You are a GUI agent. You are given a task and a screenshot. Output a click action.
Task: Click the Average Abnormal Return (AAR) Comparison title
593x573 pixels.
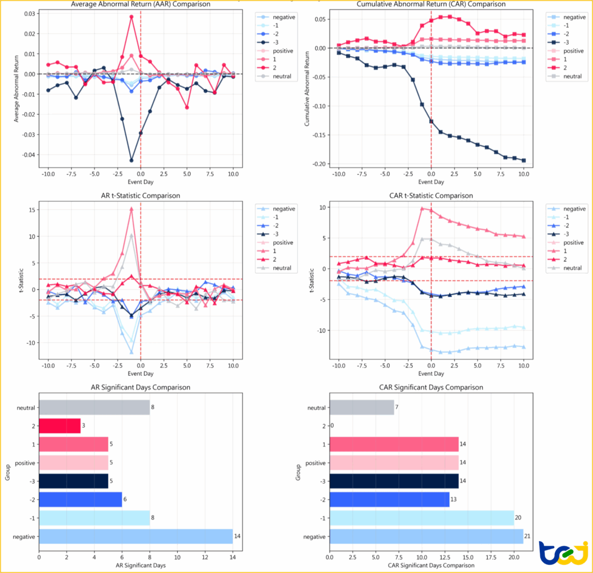[x=140, y=5]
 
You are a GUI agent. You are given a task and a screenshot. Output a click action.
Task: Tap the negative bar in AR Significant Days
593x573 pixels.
[x=136, y=537]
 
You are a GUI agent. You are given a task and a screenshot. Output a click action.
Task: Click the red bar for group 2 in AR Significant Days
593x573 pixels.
[x=60, y=425]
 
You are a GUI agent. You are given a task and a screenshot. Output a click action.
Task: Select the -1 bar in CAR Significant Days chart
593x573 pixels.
[x=422, y=517]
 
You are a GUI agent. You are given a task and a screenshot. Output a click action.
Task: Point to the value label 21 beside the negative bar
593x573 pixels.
[x=528, y=537]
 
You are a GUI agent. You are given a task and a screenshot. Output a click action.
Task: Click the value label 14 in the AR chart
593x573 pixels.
[x=237, y=537]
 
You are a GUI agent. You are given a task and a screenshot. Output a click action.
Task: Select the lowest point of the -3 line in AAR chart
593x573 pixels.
[x=131, y=160]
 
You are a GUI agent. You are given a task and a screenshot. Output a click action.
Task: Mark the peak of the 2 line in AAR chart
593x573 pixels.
[x=131, y=17]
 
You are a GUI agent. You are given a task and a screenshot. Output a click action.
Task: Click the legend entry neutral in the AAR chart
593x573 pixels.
[x=280, y=76]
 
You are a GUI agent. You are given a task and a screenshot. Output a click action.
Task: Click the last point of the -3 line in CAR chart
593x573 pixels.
[x=524, y=160]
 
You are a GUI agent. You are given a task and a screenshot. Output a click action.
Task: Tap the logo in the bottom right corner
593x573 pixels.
[x=562, y=553]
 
